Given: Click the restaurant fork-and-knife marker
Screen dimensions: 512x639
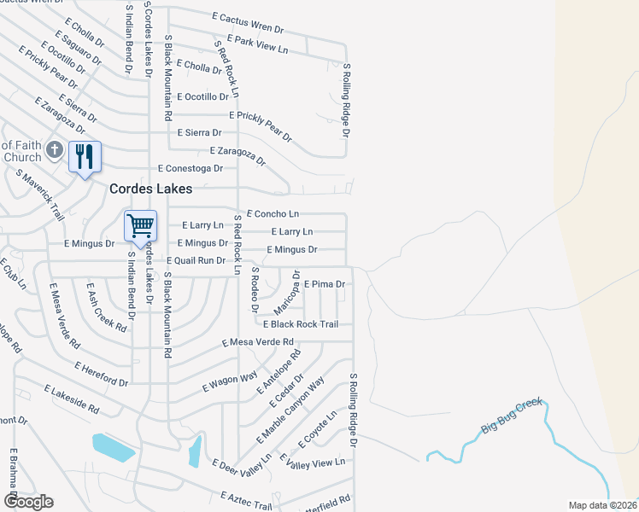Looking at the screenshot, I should (84, 156).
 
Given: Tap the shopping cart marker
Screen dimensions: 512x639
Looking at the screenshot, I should (140, 226).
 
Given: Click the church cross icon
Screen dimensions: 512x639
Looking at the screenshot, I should (54, 151).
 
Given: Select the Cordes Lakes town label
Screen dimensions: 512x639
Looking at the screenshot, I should (149, 189).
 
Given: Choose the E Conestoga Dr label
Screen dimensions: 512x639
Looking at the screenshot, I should (191, 168).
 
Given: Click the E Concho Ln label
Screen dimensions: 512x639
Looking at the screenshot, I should (273, 213).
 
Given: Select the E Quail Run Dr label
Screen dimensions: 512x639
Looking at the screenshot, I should (196, 260).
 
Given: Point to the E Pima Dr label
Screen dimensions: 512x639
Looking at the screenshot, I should (324, 283).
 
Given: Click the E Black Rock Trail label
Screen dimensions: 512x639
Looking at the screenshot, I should (301, 324).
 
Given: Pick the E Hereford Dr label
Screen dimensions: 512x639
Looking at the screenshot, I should (101, 373).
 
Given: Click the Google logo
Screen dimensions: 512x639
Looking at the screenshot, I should (27, 502).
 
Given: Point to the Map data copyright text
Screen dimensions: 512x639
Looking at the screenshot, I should (602, 505).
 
